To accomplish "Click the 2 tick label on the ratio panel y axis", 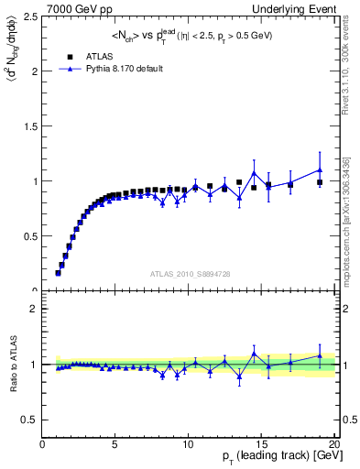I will [34, 310].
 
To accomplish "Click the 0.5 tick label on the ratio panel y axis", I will [30, 420].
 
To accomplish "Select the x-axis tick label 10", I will [188, 446].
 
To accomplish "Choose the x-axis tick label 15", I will [261, 446].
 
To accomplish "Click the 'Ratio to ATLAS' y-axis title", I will [11, 364].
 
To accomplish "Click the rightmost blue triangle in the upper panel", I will [320, 169].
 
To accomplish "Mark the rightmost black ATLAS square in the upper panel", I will [320, 182].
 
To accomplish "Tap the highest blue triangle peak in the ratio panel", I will [254, 353].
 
